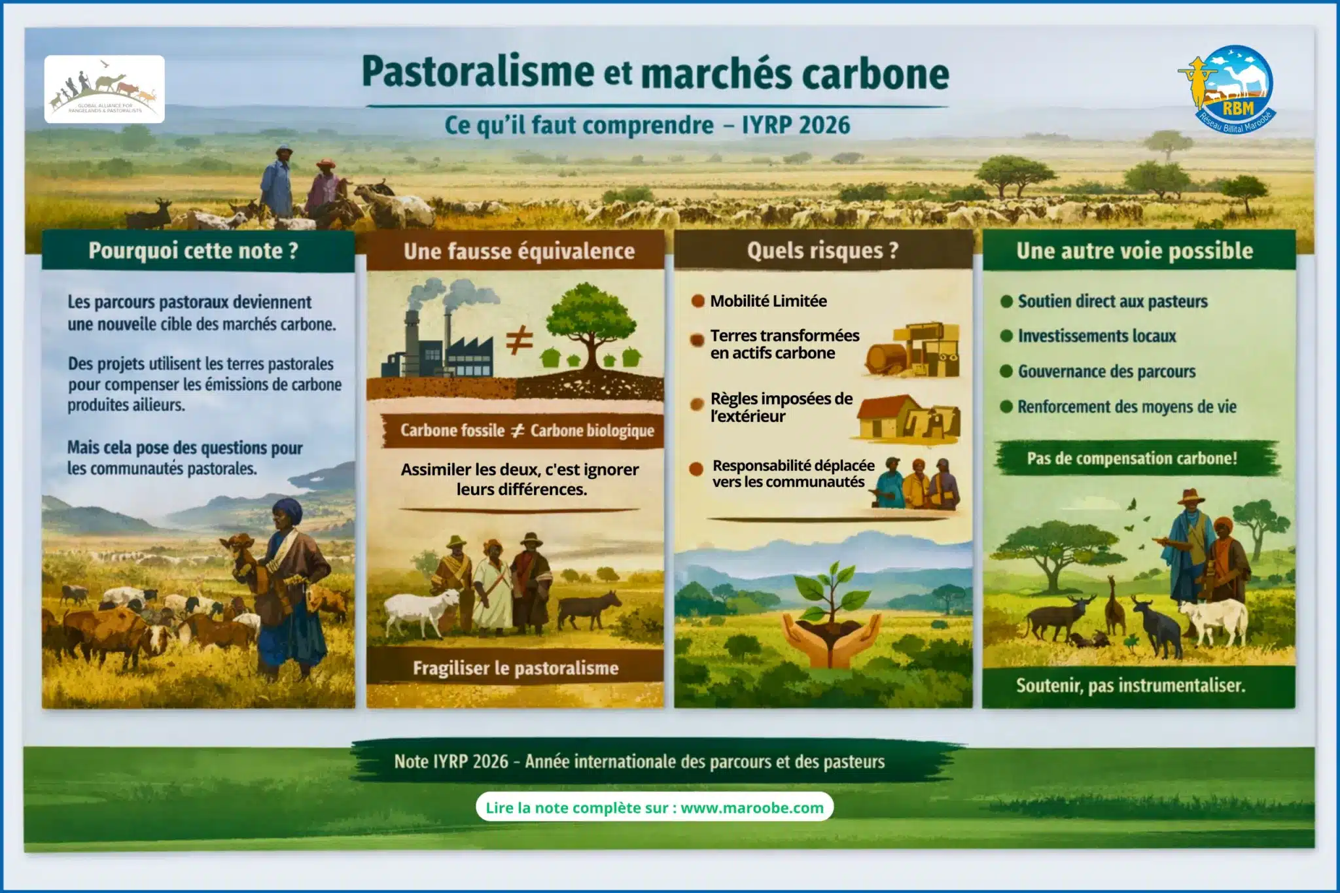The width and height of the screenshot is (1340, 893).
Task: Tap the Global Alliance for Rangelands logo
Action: click(105, 90)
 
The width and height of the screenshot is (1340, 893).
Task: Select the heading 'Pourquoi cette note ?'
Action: click(194, 251)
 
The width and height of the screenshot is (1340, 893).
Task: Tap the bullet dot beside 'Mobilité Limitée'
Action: click(698, 301)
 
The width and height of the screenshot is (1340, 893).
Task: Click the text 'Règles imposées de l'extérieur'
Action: click(781, 408)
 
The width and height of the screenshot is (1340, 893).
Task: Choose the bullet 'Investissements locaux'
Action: click(1097, 336)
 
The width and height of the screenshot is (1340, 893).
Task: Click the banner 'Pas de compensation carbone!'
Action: click(1132, 459)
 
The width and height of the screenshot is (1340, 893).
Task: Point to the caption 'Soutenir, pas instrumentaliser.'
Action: click(1131, 685)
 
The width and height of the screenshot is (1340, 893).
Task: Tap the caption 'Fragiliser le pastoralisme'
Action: click(516, 668)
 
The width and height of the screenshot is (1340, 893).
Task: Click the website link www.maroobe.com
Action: click(752, 808)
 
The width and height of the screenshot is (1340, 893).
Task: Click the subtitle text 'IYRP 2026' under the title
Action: click(796, 125)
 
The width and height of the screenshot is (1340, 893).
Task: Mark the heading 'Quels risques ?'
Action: click(823, 251)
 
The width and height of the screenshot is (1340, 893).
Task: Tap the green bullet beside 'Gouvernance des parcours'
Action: click(1006, 372)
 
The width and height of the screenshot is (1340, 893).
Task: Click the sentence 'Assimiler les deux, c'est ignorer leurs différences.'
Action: click(520, 479)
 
